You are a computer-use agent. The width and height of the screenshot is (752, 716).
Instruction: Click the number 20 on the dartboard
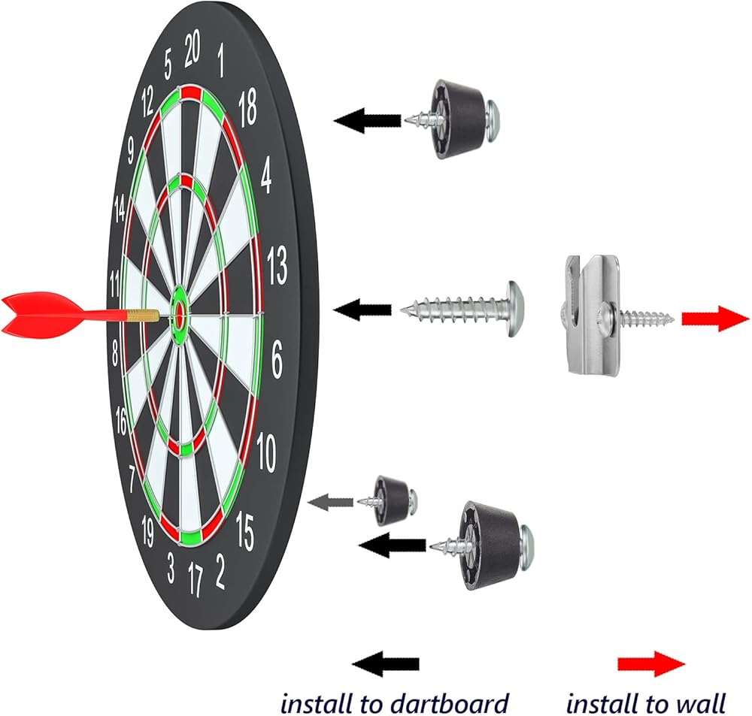[193, 51]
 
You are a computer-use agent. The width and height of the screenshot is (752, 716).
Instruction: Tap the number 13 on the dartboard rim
[277, 266]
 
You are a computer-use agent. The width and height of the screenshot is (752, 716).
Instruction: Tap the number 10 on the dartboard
[265, 452]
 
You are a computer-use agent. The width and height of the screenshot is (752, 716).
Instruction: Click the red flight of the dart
[34, 313]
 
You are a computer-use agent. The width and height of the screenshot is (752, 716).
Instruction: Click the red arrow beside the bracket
[715, 319]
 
